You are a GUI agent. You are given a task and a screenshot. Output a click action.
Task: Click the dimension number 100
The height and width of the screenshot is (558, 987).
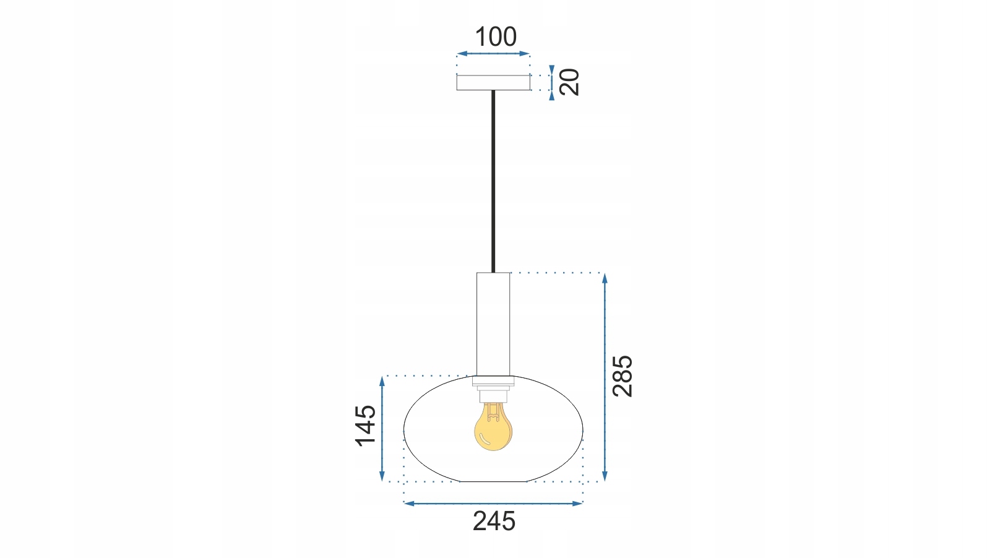(496, 36)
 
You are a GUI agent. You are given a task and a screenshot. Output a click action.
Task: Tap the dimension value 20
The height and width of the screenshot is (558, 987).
(569, 82)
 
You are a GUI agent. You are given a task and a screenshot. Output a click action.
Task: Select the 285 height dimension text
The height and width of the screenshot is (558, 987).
(623, 376)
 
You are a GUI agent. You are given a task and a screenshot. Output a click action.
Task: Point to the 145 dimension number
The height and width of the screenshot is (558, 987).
(366, 426)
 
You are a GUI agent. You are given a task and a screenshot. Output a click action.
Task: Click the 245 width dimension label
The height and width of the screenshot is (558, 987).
(494, 522)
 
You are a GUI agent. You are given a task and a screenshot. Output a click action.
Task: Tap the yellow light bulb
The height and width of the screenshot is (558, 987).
(493, 426)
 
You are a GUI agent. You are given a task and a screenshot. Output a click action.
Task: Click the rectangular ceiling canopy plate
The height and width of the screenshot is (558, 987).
(493, 83)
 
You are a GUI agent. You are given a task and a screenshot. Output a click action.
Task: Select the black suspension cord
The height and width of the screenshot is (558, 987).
(493, 181)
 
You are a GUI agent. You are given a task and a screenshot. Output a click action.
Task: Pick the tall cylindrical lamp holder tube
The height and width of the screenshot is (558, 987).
(493, 324)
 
